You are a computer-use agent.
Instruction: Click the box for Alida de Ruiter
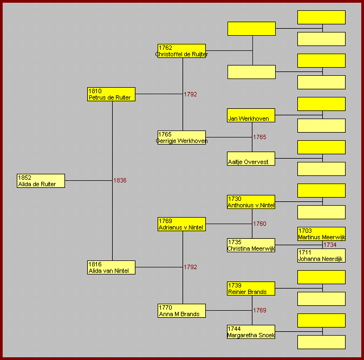(x=41, y=181)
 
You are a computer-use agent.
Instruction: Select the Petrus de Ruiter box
(x=111, y=94)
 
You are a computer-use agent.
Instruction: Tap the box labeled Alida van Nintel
(x=111, y=267)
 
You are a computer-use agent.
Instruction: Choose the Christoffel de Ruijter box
(x=181, y=51)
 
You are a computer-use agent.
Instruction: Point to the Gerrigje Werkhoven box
(x=181, y=138)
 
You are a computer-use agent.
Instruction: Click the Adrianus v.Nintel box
(x=181, y=224)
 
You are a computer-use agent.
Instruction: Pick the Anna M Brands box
(x=181, y=311)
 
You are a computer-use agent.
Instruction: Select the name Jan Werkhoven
(x=249, y=119)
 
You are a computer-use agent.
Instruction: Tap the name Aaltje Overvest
(x=248, y=162)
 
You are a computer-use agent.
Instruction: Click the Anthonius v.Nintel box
(x=251, y=202)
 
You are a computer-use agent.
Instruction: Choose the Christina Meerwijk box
(x=251, y=245)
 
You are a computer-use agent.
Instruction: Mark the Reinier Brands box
(x=251, y=289)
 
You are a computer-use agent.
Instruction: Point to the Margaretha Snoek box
(x=251, y=332)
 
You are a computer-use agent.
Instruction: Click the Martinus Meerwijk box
(x=321, y=234)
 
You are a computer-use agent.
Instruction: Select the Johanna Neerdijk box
(x=321, y=256)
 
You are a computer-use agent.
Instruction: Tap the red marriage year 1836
(x=120, y=180)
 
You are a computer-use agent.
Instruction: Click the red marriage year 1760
(x=259, y=224)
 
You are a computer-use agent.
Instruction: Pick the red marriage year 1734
(x=330, y=245)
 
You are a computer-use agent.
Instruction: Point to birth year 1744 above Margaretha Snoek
(x=234, y=329)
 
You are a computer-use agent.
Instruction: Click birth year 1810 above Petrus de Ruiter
(x=95, y=91)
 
